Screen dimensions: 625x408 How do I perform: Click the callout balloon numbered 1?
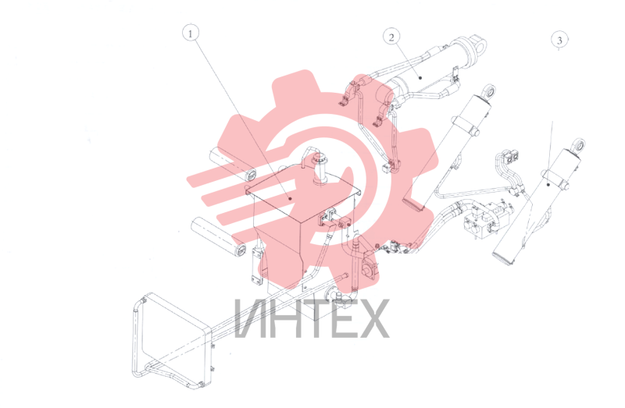point(191,34)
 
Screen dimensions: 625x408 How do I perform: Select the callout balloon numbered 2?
point(391,37)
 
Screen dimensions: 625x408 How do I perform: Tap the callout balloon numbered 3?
point(559,40)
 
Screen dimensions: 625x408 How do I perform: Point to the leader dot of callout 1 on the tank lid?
point(290,198)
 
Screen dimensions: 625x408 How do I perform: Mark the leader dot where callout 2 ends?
point(420,78)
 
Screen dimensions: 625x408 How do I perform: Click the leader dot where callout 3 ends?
point(548,184)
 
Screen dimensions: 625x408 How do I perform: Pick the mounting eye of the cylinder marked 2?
point(479,44)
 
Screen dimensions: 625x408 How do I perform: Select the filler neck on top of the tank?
point(320,169)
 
